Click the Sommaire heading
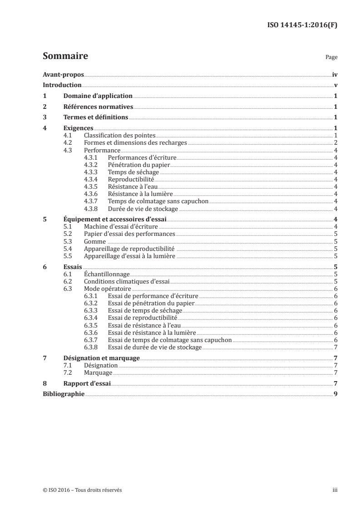pos(65,56)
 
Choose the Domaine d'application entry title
pos(98,96)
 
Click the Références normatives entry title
pos(98,107)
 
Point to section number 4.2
pos(68,143)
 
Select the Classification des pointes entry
pos(120,136)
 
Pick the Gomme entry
pos(95,241)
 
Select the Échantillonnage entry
pos(107,274)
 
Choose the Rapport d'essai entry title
pos(87,384)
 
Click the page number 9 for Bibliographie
pos(335,395)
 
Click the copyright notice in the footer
pos(82,490)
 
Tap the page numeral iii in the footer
pos(335,490)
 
